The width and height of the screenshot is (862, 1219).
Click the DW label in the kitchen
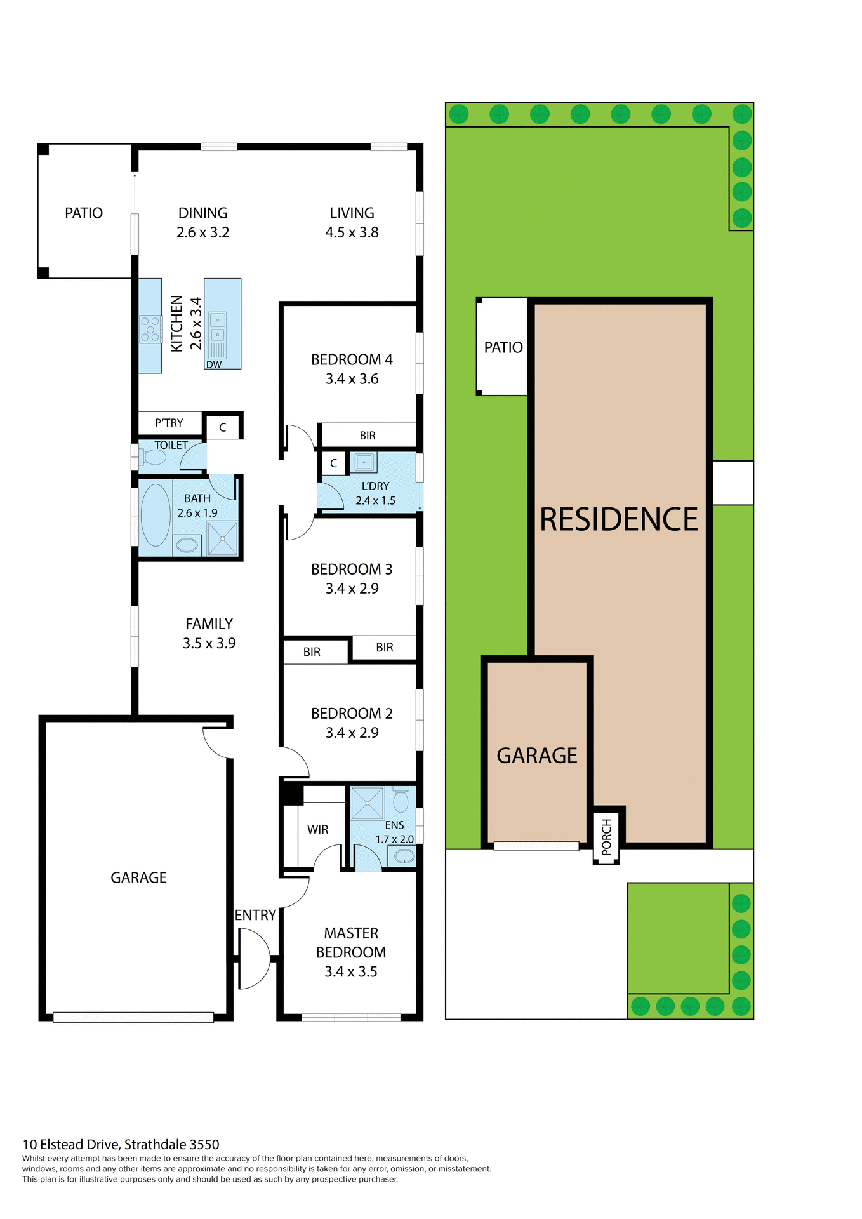coord(214,364)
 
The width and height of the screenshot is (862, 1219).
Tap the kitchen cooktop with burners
coord(150,330)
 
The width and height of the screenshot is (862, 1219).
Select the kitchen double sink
coord(218,327)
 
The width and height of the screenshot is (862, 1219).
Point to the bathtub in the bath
coord(156,515)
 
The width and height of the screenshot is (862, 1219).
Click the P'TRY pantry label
coord(169,423)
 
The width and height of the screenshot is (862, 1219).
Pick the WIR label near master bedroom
coord(317,829)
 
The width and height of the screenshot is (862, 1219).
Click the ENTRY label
coord(255,915)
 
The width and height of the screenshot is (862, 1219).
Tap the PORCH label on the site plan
coord(606,837)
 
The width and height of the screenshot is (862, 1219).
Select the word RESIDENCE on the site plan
coord(618,519)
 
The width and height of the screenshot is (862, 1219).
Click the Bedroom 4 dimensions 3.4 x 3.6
coord(352,379)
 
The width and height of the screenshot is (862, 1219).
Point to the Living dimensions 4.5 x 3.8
coord(352,232)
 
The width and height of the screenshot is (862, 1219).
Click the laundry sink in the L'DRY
coord(364,462)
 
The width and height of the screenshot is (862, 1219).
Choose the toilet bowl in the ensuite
coord(401,801)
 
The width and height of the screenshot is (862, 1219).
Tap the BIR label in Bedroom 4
coord(368,436)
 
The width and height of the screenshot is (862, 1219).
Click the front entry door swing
coord(254,959)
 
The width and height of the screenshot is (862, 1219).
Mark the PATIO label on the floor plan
coord(84,213)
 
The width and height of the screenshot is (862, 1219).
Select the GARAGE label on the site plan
coord(536,756)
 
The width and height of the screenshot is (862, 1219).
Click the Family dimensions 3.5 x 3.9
coord(209,643)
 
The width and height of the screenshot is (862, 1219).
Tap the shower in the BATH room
coord(223,538)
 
